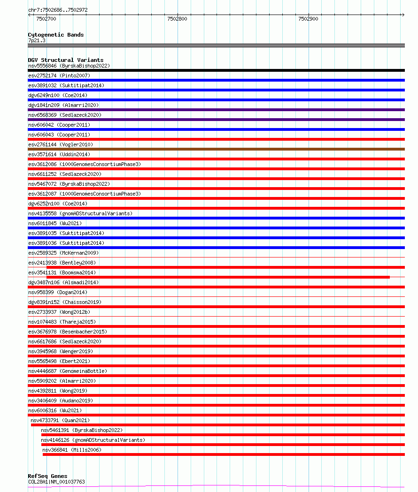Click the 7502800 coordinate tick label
[x=177, y=19]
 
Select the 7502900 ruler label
[x=308, y=19]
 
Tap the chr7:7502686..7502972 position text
[x=58, y=10]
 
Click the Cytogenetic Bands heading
[x=55, y=35]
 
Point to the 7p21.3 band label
[x=37, y=40]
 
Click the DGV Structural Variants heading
[x=65, y=60]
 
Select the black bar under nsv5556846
[x=216, y=70]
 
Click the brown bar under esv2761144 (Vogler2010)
[x=216, y=149]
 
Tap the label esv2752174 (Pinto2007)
[x=59, y=76]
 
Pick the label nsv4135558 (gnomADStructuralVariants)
[x=80, y=213]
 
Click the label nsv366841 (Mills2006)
[x=71, y=450]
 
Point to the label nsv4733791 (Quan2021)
[x=60, y=420]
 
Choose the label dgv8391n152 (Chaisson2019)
[x=64, y=302]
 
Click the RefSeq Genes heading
[x=47, y=476]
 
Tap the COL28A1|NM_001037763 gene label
[x=56, y=482]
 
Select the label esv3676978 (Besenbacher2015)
[x=68, y=332]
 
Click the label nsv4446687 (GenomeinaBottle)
[x=68, y=371]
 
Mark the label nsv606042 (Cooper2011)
[x=59, y=125]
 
